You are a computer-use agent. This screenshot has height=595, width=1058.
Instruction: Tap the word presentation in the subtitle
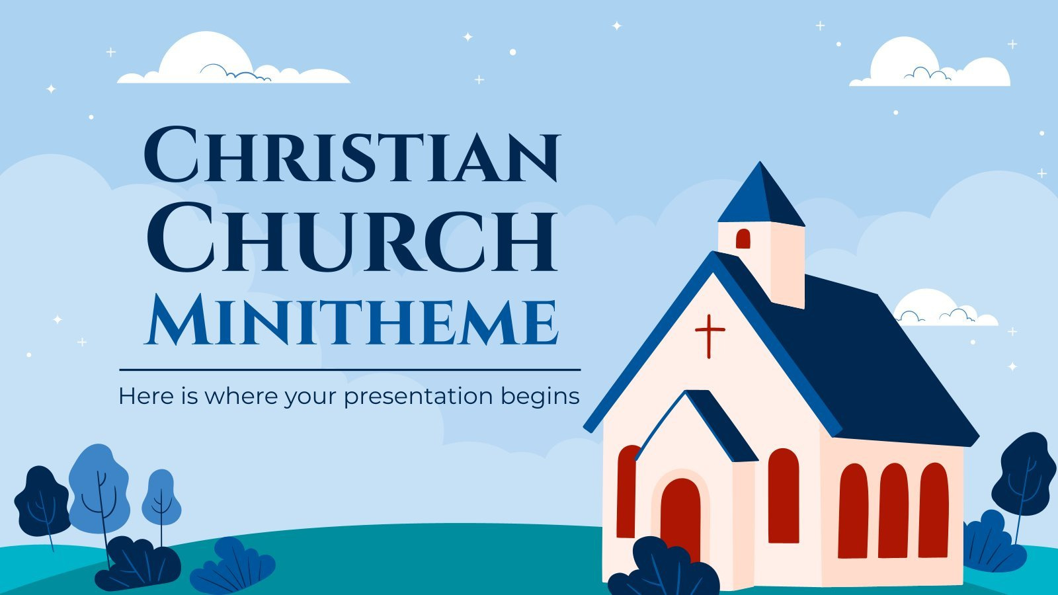pos(418,397)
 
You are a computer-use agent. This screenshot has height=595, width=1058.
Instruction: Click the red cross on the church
pos(709,336)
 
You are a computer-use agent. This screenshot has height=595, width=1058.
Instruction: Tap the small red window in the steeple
pos(743,239)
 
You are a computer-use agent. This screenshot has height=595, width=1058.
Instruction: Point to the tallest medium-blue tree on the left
pos(99,486)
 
